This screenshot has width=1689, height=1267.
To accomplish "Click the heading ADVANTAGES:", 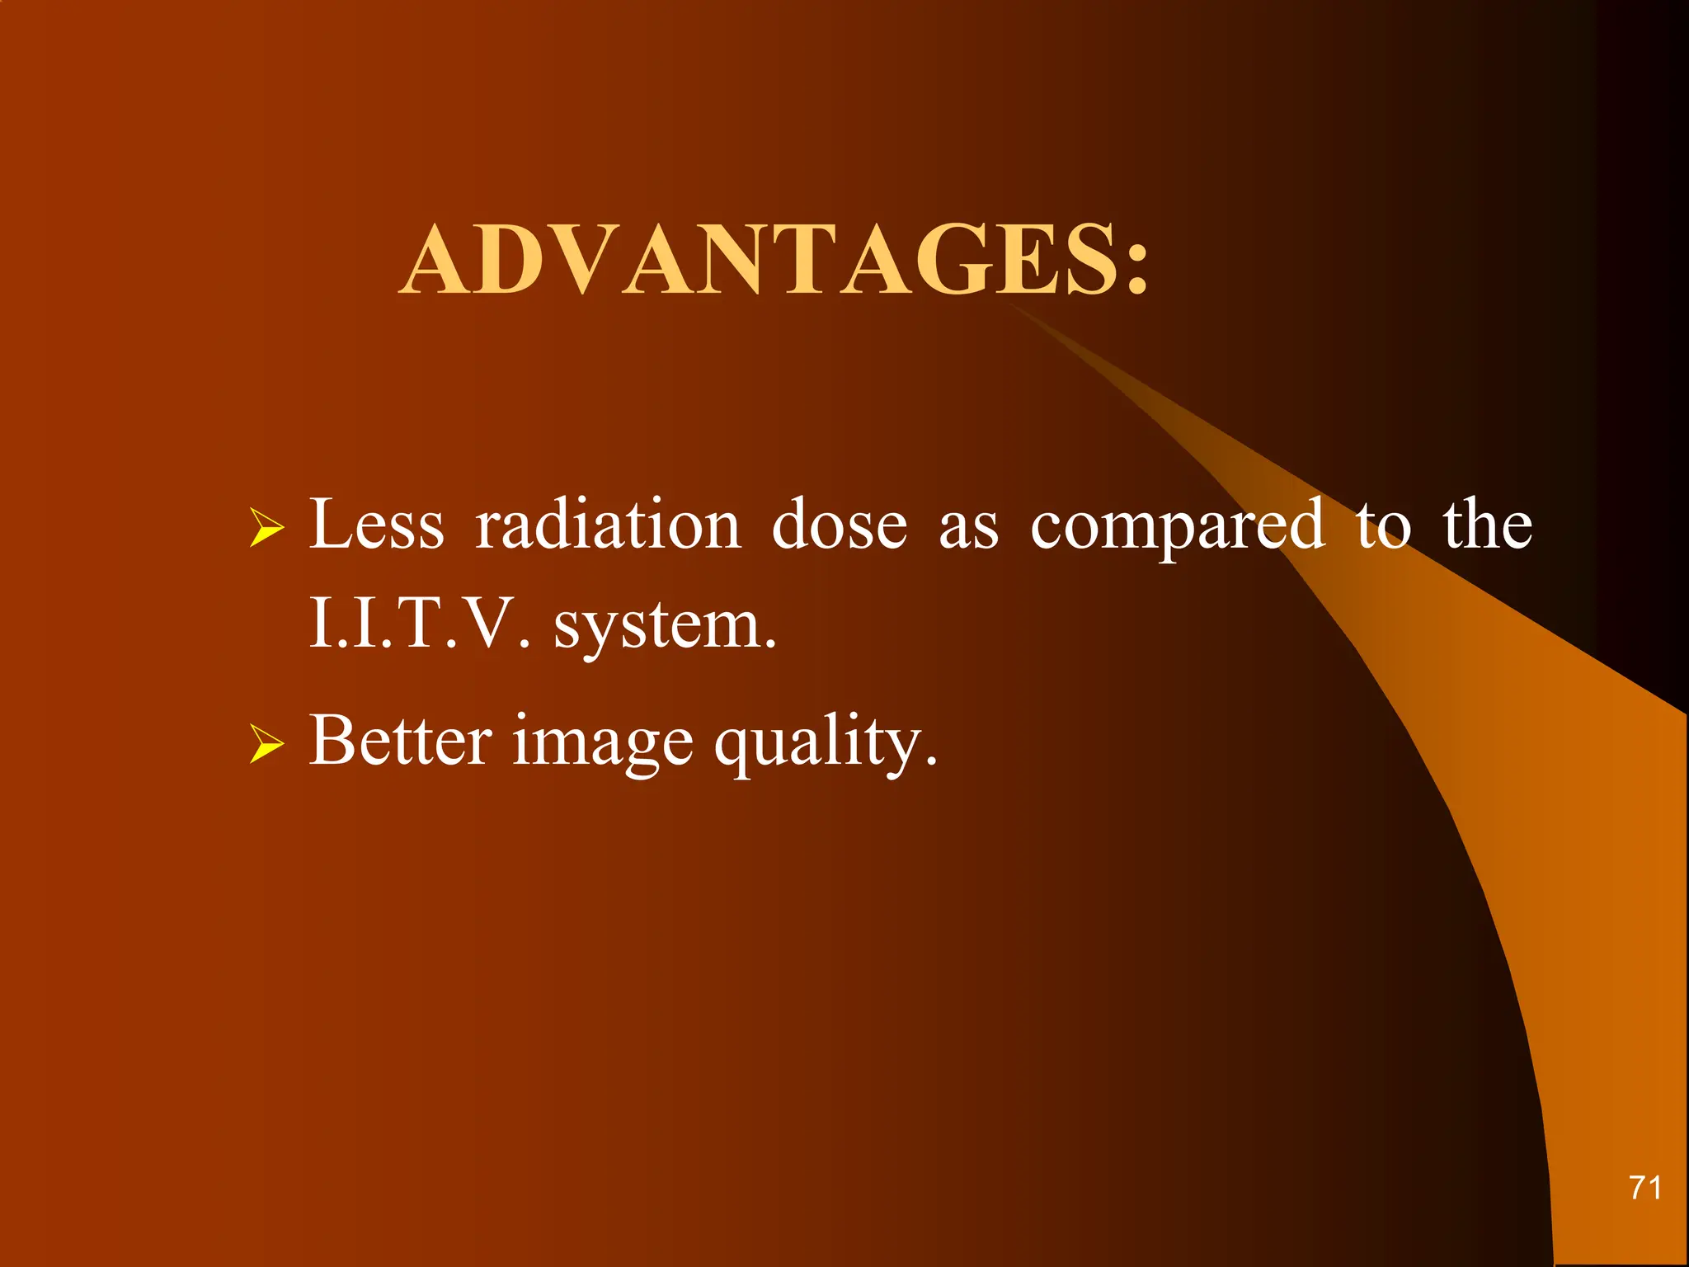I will coord(774,261).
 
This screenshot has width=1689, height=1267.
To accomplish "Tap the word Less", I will coord(376,525).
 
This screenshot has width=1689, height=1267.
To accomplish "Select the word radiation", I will coord(609,525).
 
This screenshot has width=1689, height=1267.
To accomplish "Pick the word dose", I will coord(840,525).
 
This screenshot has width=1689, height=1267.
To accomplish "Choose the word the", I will coord(1487,525).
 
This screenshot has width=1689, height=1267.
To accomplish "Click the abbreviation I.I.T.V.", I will coord(419,624).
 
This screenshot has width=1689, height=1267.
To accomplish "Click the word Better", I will coord(401,740).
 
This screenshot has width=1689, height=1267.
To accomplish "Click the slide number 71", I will coord(1644,1188).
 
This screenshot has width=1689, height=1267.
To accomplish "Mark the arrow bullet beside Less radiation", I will coord(266,528).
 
